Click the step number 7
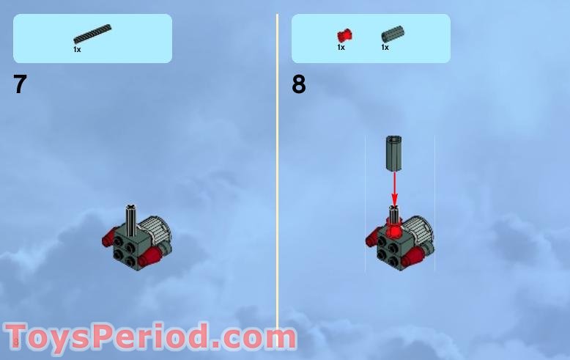20,84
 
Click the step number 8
298,84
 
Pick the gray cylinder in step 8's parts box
392,34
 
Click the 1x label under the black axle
77,49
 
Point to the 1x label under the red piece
341,47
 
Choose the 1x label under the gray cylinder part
385,47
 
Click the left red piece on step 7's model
112,238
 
